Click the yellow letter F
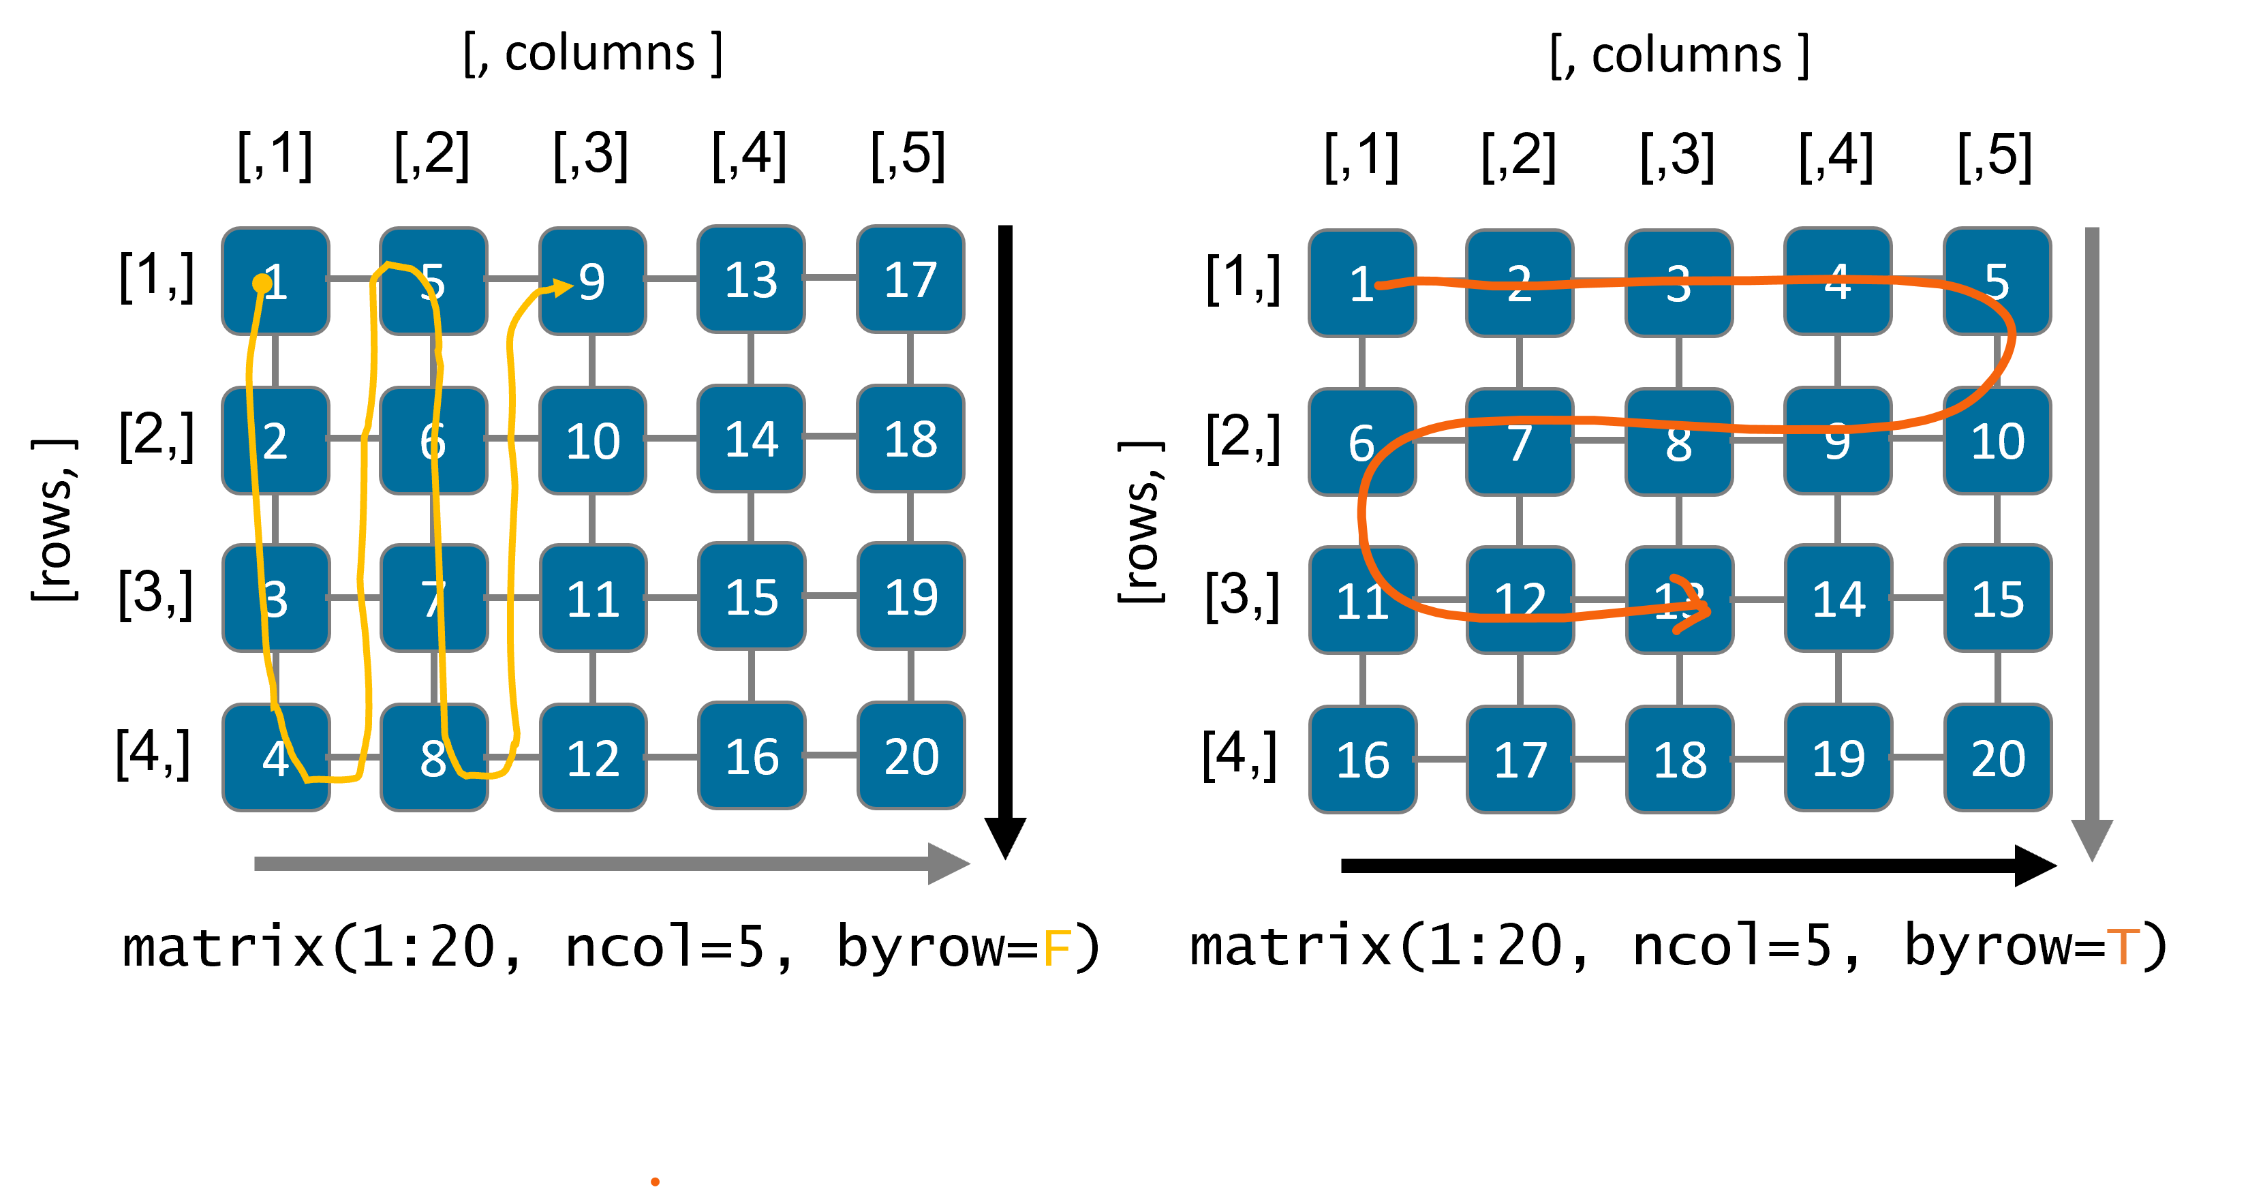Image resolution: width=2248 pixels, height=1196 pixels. point(1057,948)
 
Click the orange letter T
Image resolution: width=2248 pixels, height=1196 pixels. point(2123,948)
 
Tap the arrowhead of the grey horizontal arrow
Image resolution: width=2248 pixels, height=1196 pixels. point(951,863)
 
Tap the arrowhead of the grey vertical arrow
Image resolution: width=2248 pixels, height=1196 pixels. point(2092,840)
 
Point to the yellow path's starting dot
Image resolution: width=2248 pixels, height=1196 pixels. point(261,283)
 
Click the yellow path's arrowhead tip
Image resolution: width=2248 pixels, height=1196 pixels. point(572,286)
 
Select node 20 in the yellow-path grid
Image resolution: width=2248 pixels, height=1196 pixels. point(911,756)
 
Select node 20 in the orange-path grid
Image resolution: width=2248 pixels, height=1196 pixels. point(1997,758)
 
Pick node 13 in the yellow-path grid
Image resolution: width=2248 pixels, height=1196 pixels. point(750,279)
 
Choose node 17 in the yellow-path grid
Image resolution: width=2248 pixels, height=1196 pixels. point(910,279)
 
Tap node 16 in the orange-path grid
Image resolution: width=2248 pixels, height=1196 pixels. point(1362,759)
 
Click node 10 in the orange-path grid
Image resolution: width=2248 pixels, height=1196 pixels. point(1997,440)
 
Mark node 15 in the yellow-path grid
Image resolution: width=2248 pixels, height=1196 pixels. point(752,597)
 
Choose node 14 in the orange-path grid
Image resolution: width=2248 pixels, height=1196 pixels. point(1838,599)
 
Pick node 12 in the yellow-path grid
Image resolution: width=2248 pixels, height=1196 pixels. point(593,758)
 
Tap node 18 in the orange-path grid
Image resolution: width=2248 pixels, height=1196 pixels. point(1680,759)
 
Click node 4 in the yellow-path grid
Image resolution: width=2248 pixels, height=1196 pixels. point(276,758)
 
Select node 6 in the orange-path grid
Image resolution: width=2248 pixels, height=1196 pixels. point(1362,442)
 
